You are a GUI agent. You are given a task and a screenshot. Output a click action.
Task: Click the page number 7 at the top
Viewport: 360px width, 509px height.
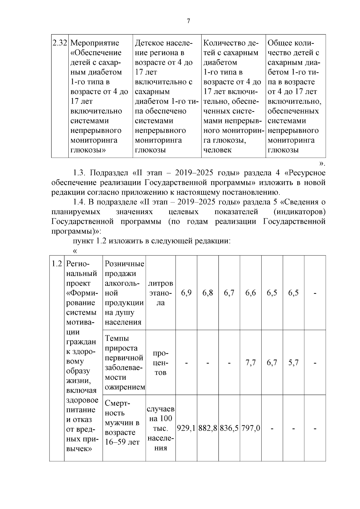188,21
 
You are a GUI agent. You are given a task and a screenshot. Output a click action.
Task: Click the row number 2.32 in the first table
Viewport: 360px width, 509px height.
60,43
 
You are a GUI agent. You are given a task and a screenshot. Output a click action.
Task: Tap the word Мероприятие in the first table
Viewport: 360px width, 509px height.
94,43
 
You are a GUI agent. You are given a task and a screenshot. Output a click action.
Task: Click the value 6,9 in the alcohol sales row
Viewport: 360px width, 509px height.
186,293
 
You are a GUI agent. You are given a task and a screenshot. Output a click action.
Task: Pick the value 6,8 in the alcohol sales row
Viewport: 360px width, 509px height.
208,293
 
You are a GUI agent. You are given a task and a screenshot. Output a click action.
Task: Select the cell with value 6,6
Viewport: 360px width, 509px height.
250,293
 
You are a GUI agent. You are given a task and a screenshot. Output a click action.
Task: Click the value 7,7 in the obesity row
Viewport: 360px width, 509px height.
250,363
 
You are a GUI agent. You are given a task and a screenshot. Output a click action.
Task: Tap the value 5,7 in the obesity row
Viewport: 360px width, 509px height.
293,363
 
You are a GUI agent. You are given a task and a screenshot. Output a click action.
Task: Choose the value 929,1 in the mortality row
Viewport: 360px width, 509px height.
186,428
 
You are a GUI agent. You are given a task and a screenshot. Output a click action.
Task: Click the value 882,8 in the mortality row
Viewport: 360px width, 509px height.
208,428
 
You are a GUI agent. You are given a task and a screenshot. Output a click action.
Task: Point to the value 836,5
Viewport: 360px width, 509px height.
229,428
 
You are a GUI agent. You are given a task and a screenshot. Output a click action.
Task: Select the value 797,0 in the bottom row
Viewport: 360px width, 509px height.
250,428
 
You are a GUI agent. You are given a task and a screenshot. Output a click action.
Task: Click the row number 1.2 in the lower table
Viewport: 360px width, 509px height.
57,264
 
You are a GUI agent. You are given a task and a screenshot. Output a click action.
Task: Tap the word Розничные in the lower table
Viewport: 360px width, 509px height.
124,264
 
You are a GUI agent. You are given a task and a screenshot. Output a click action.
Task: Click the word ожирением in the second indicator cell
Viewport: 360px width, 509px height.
125,387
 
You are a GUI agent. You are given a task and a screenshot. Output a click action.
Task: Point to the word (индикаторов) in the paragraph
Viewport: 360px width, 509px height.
299,212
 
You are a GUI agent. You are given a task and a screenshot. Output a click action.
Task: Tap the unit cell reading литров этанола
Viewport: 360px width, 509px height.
160,293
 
